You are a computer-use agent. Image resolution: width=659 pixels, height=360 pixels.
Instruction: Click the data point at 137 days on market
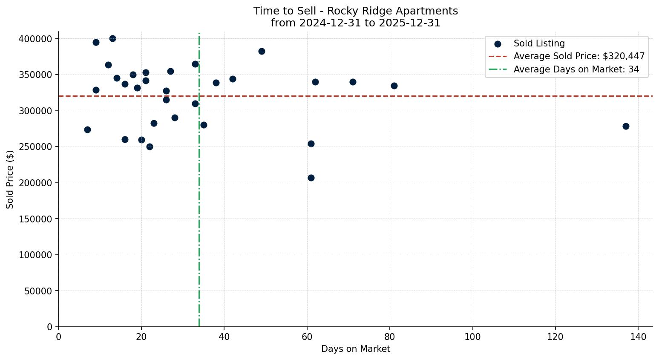pos(626,126)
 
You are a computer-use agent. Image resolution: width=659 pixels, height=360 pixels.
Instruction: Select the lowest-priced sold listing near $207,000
pos(311,178)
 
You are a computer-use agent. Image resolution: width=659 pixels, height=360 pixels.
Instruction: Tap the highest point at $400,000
pos(112,39)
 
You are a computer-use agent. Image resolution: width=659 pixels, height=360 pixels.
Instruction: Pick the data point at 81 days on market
pos(394,86)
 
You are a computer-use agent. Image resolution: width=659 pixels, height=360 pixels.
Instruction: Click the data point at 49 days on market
pos(262,51)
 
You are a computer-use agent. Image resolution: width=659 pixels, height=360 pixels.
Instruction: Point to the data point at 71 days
pos(353,82)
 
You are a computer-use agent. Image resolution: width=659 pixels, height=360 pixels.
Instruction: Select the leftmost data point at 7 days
pos(87,130)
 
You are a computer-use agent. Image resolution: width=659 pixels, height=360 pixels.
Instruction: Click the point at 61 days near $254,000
pos(311,144)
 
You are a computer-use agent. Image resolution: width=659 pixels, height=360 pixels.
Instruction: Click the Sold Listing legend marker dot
pos(498,44)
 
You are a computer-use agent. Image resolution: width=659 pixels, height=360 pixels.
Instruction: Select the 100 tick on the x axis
pos(472,337)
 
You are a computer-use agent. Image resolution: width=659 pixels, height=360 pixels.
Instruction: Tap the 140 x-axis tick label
pos(638,337)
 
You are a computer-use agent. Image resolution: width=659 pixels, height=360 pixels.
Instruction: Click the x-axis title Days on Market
pos(355,349)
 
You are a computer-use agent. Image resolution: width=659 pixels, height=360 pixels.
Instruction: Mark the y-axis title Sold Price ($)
pos(10,179)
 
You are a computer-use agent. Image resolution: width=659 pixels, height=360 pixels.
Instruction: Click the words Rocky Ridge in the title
pos(354,11)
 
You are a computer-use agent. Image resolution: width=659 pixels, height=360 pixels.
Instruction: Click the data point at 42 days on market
pos(233,79)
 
